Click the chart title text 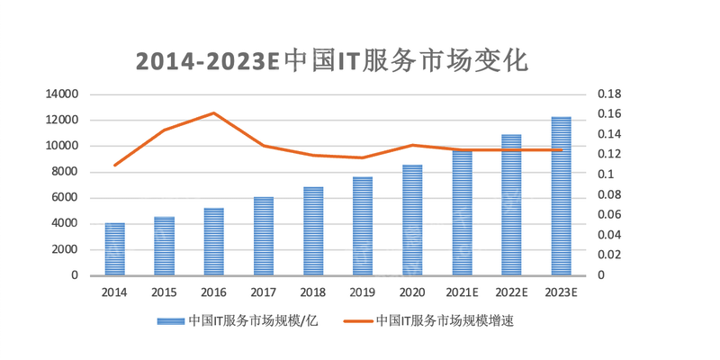point(331,60)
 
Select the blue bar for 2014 point(114,249)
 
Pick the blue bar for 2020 point(412,220)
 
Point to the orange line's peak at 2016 point(214,113)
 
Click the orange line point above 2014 point(115,165)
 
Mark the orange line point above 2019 point(363,157)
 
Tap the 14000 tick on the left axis point(62,94)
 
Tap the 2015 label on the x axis point(164,292)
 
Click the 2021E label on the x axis point(462,292)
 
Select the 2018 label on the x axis point(312,292)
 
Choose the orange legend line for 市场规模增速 point(356,320)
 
